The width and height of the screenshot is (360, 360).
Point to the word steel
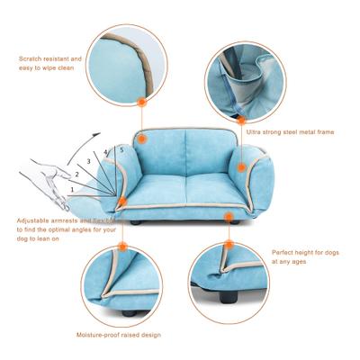pyautogui.click(x=288, y=131)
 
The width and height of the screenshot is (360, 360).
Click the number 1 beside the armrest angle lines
pyautogui.click(x=71, y=192)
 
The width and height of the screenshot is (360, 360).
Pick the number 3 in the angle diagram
pyautogui.click(x=88, y=162)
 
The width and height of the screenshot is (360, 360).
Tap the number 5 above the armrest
pyautogui.click(x=121, y=149)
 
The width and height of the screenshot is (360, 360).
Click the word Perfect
pyautogui.click(x=285, y=252)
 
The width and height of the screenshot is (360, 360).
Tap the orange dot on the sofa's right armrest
pyautogui.click(x=245, y=169)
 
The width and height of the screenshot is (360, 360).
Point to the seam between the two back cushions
pyautogui.click(x=184, y=157)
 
